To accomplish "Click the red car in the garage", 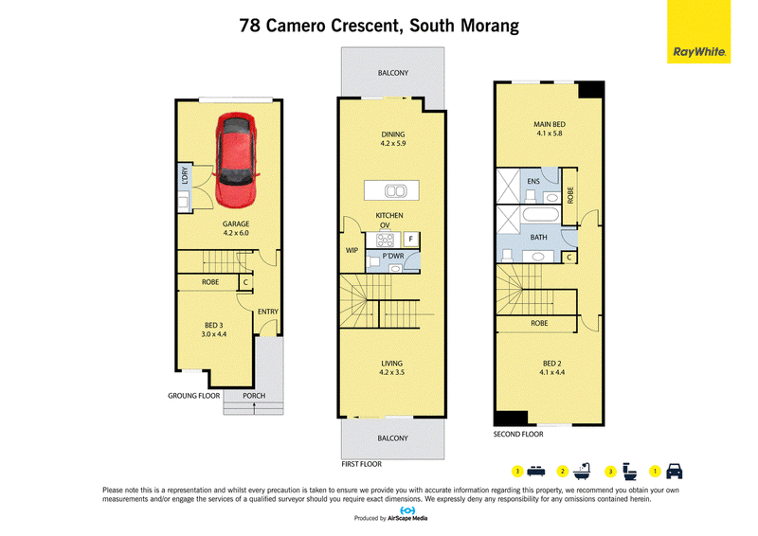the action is pyautogui.click(x=235, y=160).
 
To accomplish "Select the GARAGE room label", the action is pyautogui.click(x=236, y=223).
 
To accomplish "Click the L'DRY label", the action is pyautogui.click(x=184, y=176).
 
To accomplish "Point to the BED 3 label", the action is pyautogui.click(x=214, y=325).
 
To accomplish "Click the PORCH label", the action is pyautogui.click(x=254, y=395).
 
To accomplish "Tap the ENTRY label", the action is pyautogui.click(x=268, y=312).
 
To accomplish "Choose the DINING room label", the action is pyautogui.click(x=393, y=134).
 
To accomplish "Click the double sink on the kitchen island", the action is pyautogui.click(x=395, y=191).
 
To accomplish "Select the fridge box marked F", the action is pyautogui.click(x=411, y=239).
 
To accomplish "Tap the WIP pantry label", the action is pyautogui.click(x=352, y=250).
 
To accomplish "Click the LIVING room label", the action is pyautogui.click(x=391, y=364).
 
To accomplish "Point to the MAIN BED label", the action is pyautogui.click(x=550, y=124).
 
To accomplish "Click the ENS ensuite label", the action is pyautogui.click(x=533, y=181).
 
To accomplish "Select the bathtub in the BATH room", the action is pyautogui.click(x=541, y=215).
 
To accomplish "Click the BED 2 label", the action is pyautogui.click(x=552, y=364).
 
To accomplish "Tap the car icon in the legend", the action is pyautogui.click(x=675, y=472).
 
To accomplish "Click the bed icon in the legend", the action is pyautogui.click(x=535, y=472).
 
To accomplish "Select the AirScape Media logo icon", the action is pyautogui.click(x=407, y=510).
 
